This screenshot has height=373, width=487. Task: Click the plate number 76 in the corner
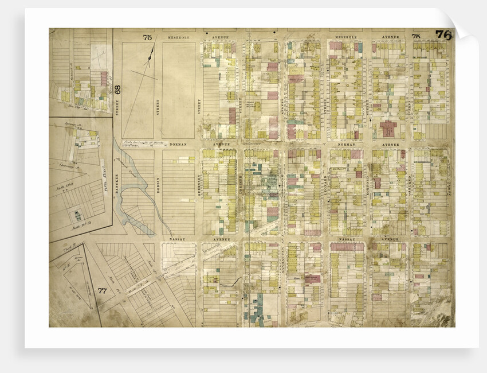tap(443, 35)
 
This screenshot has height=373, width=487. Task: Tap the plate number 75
tap(147, 38)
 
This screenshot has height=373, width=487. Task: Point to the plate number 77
tap(103, 291)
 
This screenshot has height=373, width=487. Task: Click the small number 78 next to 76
tap(416, 37)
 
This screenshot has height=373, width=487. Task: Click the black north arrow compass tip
tap(152, 50)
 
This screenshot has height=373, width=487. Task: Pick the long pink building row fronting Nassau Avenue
tap(346, 247)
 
